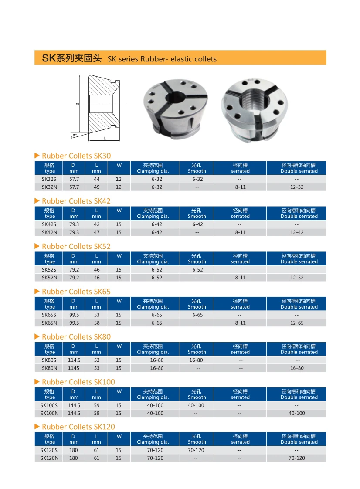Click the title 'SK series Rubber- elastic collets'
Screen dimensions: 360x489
tap(162, 59)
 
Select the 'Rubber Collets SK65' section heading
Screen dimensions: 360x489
tap(76, 292)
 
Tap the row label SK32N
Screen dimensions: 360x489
tap(50, 187)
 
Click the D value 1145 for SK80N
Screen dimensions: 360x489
tap(74, 368)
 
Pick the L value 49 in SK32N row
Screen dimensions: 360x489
tap(96, 187)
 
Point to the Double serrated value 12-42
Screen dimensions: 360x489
tap(296, 232)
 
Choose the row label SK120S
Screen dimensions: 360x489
tap(49, 450)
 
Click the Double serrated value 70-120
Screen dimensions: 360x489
tap(296, 458)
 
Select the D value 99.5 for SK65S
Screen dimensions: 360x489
tap(74, 315)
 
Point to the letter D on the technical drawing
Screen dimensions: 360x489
tap(77, 104)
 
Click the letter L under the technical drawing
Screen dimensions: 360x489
tap(105, 138)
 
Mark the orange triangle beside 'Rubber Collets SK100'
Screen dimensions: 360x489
tap(37, 382)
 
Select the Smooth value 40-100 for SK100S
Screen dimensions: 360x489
tap(196, 405)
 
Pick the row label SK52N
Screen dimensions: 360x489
tap(49, 278)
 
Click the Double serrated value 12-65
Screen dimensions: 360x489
tap(296, 323)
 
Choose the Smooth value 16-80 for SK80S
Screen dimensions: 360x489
tap(196, 360)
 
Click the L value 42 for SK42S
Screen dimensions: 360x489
tap(96, 224)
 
